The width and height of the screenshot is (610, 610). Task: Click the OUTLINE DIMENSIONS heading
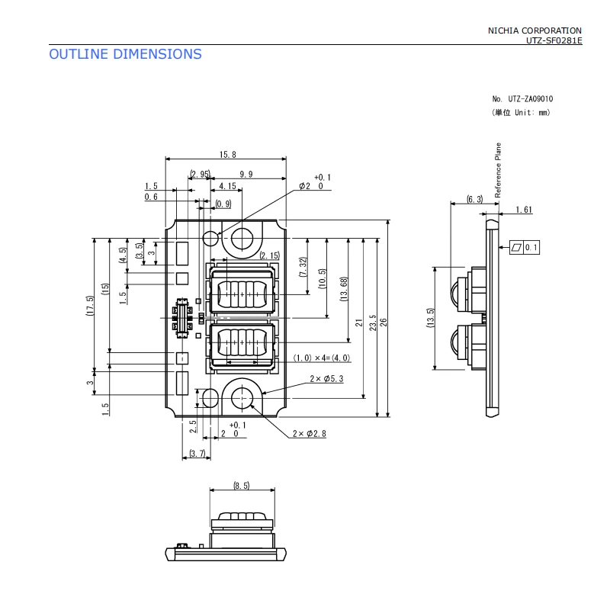(x=125, y=54)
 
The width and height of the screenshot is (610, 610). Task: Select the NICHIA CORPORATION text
(x=535, y=30)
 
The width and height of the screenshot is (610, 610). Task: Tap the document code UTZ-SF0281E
(x=554, y=40)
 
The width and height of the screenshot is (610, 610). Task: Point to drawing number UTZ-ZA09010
(x=530, y=99)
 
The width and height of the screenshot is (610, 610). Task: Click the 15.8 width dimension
(x=227, y=155)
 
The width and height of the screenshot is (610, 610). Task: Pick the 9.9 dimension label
(x=246, y=174)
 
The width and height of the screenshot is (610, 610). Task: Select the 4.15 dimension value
(x=227, y=186)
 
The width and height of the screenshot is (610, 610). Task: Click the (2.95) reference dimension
(x=200, y=174)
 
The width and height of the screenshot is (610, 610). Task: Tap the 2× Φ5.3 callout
(x=326, y=378)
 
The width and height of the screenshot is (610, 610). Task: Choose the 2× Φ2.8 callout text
(x=310, y=433)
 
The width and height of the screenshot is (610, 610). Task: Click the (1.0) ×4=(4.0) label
(x=322, y=358)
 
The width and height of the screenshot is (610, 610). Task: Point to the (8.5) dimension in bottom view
(x=242, y=486)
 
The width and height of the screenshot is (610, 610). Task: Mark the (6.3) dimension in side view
(x=474, y=199)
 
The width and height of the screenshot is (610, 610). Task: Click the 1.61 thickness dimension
(x=524, y=210)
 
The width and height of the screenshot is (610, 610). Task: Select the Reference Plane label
(x=498, y=170)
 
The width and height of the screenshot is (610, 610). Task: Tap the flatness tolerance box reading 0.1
(x=525, y=247)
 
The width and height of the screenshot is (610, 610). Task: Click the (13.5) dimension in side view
(x=430, y=318)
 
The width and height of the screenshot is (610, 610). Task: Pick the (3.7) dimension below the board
(x=197, y=453)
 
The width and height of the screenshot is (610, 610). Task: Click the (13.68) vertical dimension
(x=344, y=289)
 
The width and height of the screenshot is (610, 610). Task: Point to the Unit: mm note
(x=522, y=112)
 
